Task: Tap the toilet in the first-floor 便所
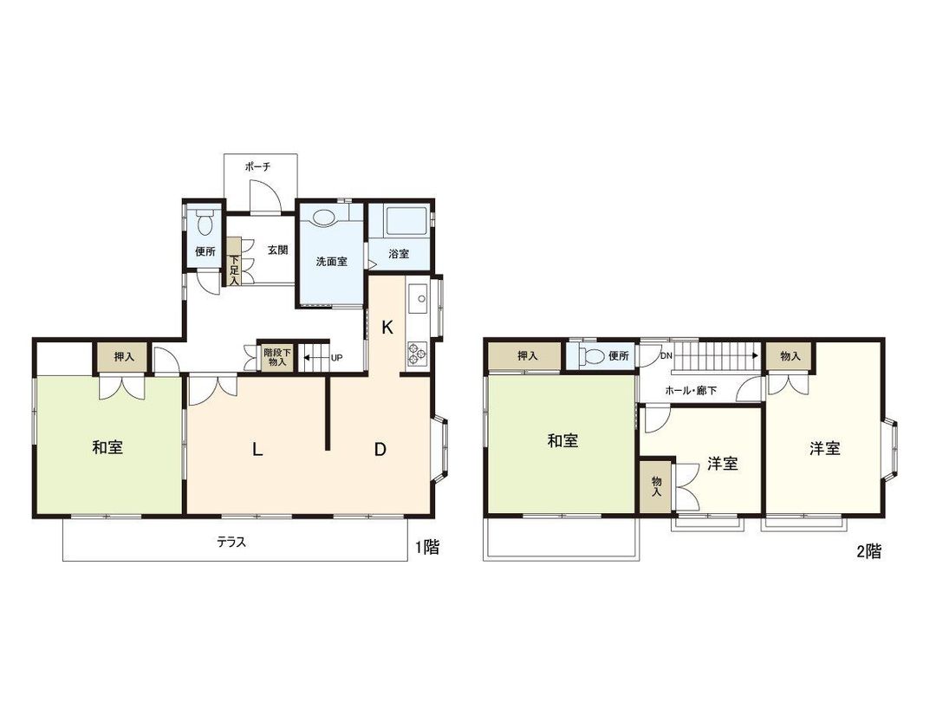tap(205, 224)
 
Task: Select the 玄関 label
tap(277, 250)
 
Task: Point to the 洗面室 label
tap(330, 260)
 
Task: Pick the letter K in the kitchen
tap(387, 327)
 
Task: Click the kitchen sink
tap(415, 301)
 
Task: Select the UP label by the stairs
tap(335, 357)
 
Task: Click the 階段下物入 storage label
tap(277, 357)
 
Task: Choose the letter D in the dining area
tap(380, 449)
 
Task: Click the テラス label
tap(231, 543)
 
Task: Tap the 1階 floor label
tap(426, 548)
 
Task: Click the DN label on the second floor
tap(666, 355)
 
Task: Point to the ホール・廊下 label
tap(691, 390)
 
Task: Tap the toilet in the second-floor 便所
tap(594, 355)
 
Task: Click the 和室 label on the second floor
tap(562, 441)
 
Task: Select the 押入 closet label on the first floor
tap(125, 356)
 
